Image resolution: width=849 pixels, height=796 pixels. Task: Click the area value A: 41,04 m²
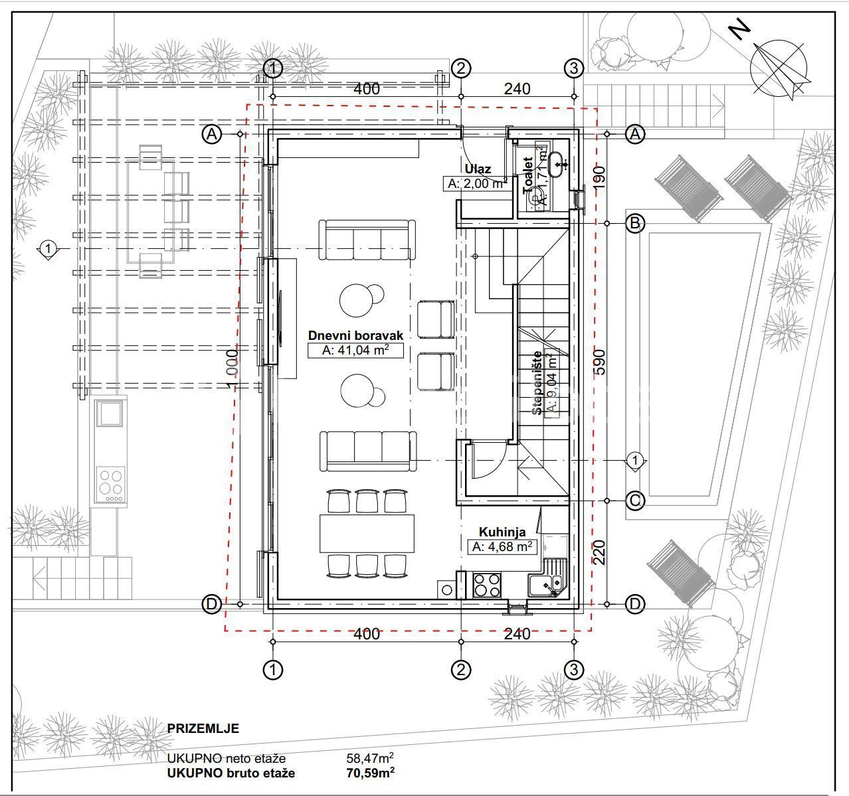point(355,351)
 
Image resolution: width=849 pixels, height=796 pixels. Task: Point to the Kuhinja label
point(503,532)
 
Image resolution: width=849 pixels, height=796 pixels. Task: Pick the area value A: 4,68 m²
point(502,547)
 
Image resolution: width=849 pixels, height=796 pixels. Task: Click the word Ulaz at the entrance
point(478,169)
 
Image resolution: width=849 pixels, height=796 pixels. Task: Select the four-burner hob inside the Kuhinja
point(486,585)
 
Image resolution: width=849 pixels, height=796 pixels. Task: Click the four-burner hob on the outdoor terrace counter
point(110,484)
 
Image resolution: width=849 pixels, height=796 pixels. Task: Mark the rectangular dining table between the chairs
point(367,532)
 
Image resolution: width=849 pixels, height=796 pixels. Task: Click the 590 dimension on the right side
point(600,362)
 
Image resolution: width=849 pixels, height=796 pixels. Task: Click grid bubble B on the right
point(635,224)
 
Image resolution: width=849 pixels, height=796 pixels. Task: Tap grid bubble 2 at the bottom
point(460,670)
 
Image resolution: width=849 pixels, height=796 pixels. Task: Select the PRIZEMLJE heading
point(203,728)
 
